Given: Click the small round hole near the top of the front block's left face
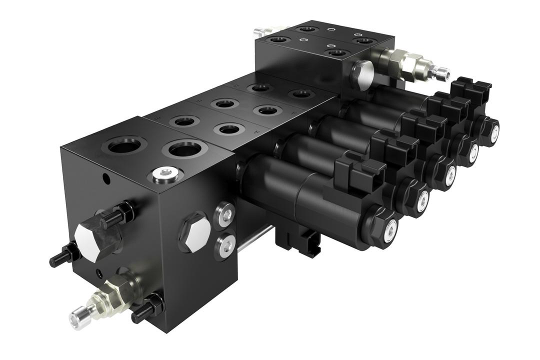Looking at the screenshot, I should tap(105, 176).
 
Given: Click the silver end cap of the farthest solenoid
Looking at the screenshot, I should tap(493, 131).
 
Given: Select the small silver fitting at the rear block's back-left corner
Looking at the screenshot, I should tap(260, 32).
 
